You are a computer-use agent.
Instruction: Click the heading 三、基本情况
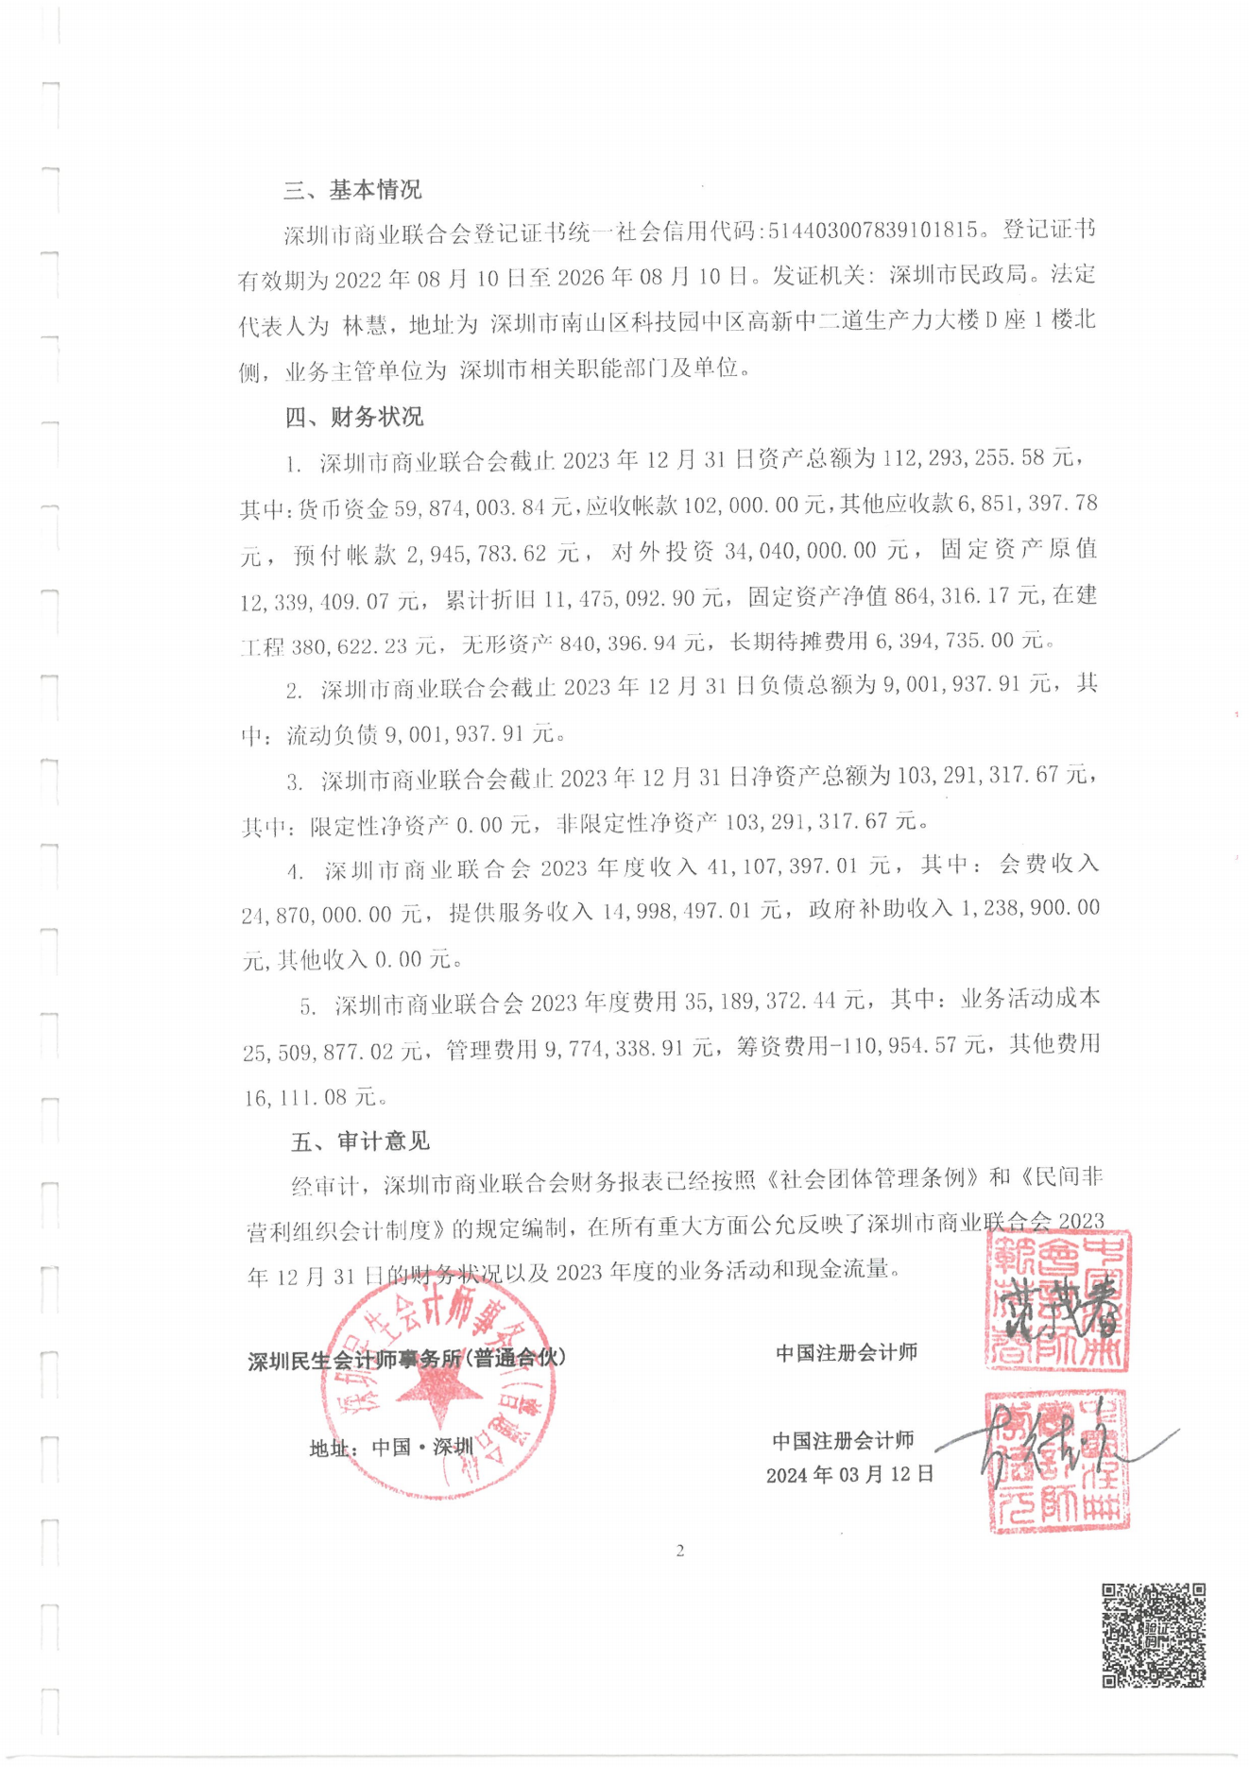(352, 190)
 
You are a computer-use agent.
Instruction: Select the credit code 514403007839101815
(873, 231)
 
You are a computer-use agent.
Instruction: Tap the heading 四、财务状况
(354, 417)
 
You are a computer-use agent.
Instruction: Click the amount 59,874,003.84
(484, 508)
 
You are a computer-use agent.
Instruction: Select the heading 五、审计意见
(360, 1141)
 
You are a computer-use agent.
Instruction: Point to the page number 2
(679, 1551)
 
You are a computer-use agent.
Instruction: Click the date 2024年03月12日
(849, 1475)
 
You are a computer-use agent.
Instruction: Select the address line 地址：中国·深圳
(391, 1448)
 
